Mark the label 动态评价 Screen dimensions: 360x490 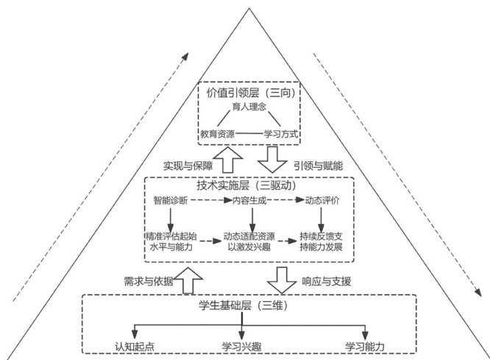pos(321,200)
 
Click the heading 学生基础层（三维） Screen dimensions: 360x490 pos(249,305)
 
